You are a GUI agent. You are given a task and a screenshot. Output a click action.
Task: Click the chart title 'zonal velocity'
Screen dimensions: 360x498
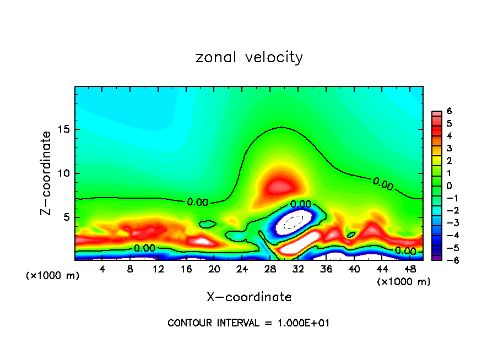click(x=249, y=57)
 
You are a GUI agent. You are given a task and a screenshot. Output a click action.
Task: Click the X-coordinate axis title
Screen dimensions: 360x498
click(x=249, y=297)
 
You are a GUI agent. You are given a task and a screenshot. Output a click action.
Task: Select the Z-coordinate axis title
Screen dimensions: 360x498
click(x=47, y=172)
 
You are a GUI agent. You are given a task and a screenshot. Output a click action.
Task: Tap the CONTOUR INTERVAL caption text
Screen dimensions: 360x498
click(x=248, y=323)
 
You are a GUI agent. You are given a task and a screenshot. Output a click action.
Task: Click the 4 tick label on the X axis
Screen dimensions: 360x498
click(x=102, y=269)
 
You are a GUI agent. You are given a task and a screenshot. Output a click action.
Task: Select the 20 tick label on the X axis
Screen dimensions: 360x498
click(x=214, y=269)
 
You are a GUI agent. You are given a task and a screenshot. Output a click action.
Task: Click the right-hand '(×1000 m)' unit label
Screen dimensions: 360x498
click(x=404, y=282)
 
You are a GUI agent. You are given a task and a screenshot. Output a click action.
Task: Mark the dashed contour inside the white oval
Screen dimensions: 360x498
click(x=293, y=222)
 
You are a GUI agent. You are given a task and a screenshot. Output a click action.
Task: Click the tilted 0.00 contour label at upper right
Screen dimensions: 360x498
click(x=383, y=184)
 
